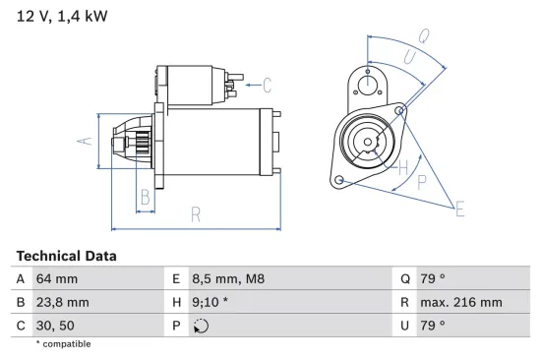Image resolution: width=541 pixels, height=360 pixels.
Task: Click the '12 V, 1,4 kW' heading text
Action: click(62, 16)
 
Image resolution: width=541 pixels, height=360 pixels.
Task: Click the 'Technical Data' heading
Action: click(66, 256)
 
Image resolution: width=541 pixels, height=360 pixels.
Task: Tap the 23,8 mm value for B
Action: click(64, 302)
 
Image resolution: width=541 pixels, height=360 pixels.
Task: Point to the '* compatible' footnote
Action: click(63, 344)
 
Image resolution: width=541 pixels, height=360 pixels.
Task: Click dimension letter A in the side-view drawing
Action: click(85, 142)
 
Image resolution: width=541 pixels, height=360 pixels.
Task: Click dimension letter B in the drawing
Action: click(145, 196)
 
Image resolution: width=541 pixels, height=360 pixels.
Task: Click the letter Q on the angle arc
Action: click(423, 36)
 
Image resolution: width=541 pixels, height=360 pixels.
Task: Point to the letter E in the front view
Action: click(459, 207)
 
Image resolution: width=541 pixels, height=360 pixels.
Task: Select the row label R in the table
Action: click(404, 302)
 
